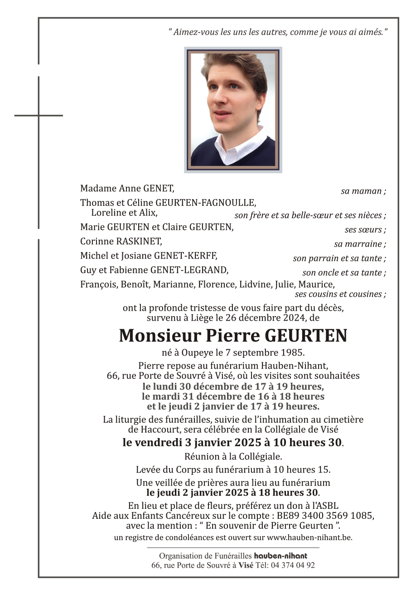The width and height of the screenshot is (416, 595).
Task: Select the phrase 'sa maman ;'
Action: (x=363, y=191)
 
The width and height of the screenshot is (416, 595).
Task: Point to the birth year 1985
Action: (x=293, y=352)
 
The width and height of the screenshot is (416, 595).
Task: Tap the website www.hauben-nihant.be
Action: (x=309, y=537)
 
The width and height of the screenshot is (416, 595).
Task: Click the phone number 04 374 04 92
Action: (x=293, y=565)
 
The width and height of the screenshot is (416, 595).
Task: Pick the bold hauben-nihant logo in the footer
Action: (x=281, y=556)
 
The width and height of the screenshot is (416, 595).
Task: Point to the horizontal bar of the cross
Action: (x=39, y=115)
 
